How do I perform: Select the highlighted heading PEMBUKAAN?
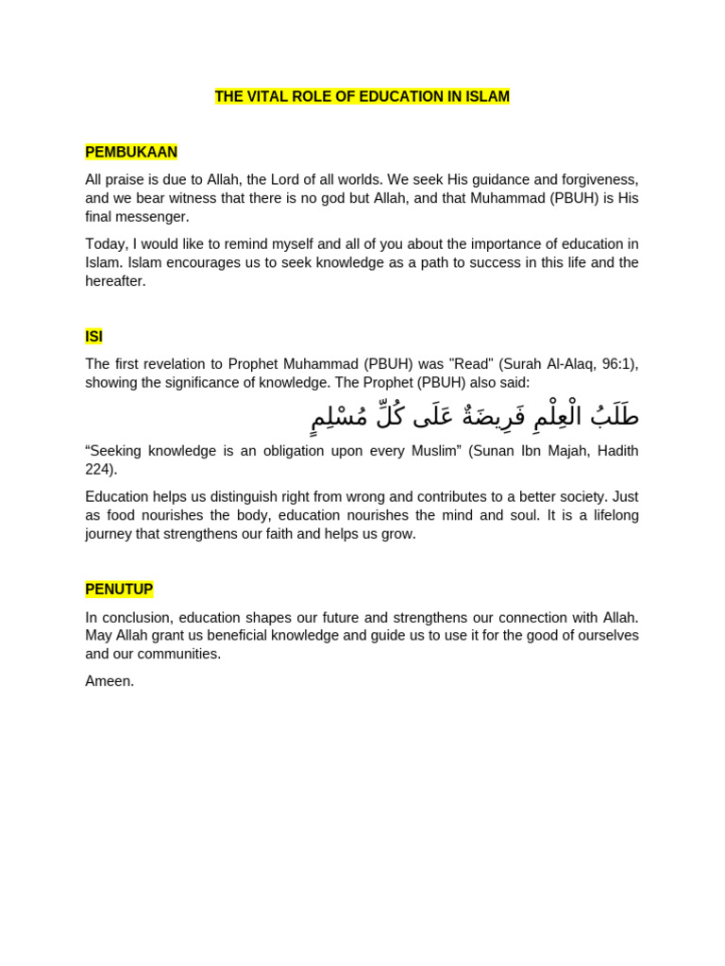click(x=131, y=152)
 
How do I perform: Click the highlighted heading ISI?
click(x=93, y=337)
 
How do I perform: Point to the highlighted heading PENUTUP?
click(x=119, y=590)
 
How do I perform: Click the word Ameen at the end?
click(x=109, y=681)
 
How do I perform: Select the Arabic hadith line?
click(x=475, y=416)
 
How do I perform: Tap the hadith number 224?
click(x=98, y=470)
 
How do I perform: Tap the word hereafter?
click(x=114, y=281)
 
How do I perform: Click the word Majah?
click(x=561, y=451)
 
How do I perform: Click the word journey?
click(x=110, y=534)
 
